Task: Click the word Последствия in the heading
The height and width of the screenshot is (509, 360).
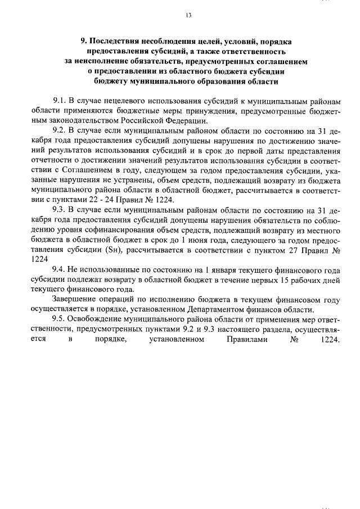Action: coord(114,41)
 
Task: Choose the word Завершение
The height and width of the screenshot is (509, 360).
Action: coord(75,301)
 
